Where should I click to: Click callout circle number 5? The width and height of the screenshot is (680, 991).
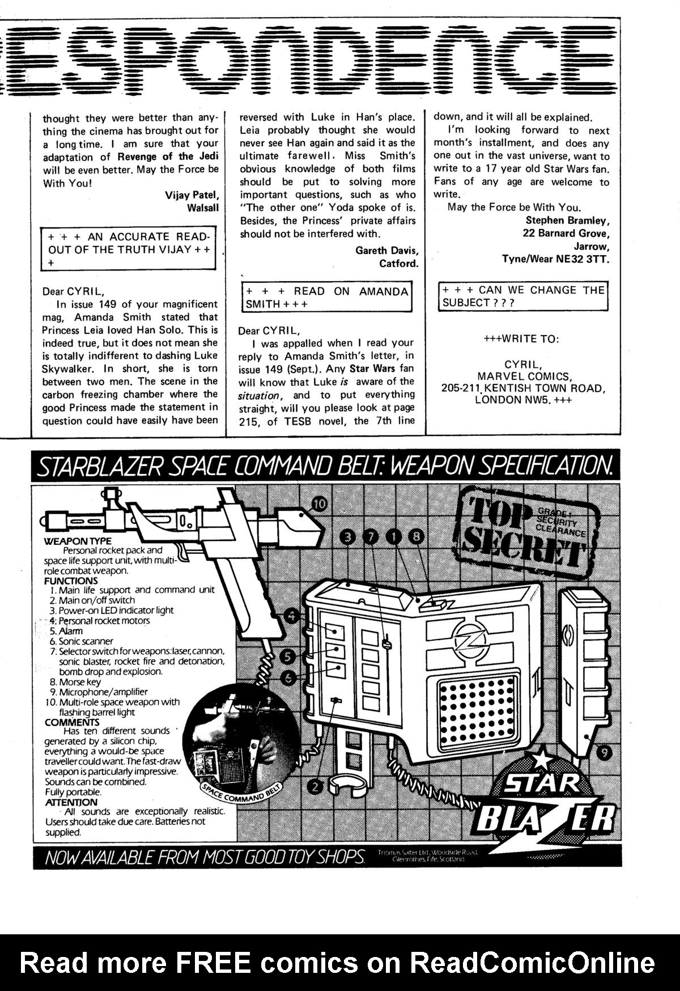[x=288, y=657]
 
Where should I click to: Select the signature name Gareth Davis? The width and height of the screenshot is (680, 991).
[x=386, y=251]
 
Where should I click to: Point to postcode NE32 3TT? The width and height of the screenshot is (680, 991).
[x=585, y=259]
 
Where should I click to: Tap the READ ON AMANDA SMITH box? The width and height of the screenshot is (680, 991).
[x=326, y=298]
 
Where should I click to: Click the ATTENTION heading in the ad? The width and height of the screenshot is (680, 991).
[x=71, y=802]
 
